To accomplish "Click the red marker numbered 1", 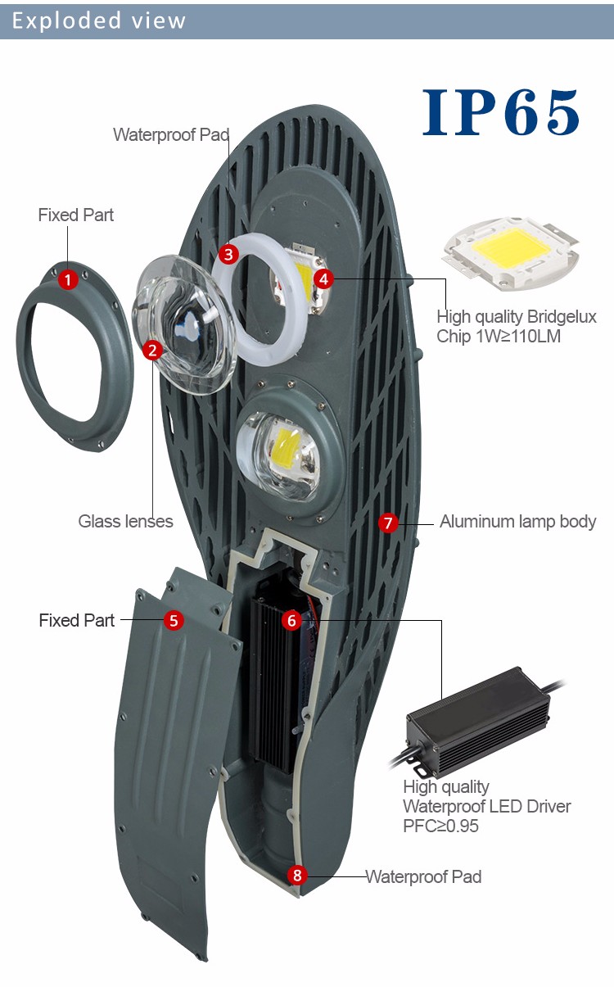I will click(x=69, y=280).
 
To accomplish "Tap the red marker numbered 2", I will click(x=152, y=351).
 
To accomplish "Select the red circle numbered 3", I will click(x=229, y=254).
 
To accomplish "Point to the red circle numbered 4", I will click(x=324, y=279).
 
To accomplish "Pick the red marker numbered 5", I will click(x=173, y=620).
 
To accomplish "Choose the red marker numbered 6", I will click(x=291, y=620).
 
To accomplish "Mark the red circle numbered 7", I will click(x=388, y=523).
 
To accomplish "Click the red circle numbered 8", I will click(x=297, y=876).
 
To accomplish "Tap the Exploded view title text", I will click(x=99, y=20).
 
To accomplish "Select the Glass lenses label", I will click(x=125, y=521).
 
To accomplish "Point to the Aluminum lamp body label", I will click(x=517, y=521).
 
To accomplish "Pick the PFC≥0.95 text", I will click(x=440, y=826).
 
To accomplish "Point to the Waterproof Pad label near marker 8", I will click(x=423, y=876).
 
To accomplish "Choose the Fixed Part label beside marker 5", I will click(x=77, y=620).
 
